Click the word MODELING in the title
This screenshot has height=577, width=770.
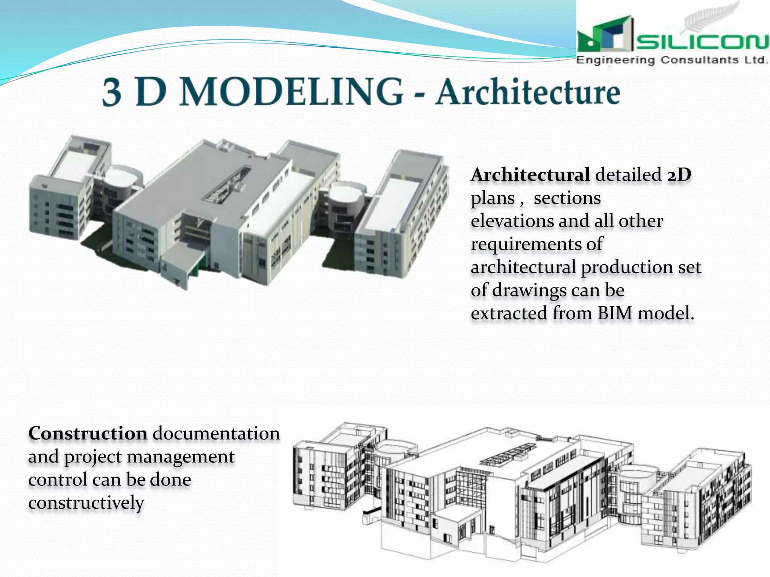click(291, 92)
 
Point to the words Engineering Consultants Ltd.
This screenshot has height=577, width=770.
click(671, 60)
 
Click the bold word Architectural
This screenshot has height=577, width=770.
click(530, 175)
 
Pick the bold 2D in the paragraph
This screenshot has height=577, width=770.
click(679, 175)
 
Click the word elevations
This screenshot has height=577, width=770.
click(511, 221)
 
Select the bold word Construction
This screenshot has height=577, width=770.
click(88, 434)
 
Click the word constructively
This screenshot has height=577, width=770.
click(86, 503)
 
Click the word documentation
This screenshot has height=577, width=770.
click(216, 434)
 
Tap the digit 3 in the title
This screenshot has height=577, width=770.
click(112, 93)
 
